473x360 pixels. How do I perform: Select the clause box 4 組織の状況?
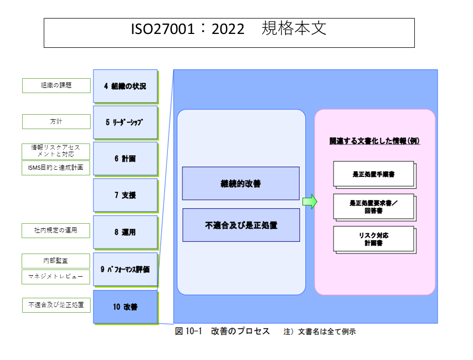125,86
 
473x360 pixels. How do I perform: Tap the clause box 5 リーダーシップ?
125,122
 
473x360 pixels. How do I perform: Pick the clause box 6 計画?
125,159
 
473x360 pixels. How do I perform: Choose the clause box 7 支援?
125,195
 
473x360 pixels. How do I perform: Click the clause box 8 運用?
125,232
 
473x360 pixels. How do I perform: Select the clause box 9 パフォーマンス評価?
125,269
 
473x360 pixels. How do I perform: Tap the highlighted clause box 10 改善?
125,307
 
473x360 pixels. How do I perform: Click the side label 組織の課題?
56,85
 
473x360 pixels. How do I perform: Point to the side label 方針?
56,122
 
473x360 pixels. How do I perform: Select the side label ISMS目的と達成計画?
56,168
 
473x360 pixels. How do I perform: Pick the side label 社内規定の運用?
56,230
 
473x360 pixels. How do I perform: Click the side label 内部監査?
56,261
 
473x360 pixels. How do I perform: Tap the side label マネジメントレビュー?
56,277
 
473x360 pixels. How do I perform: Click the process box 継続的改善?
240,184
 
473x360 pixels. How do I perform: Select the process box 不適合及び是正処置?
240,225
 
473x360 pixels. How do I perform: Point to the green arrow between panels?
309,201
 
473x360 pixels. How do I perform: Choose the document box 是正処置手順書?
373,174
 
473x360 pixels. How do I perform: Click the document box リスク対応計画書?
373,239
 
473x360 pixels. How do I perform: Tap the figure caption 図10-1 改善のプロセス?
222,331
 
